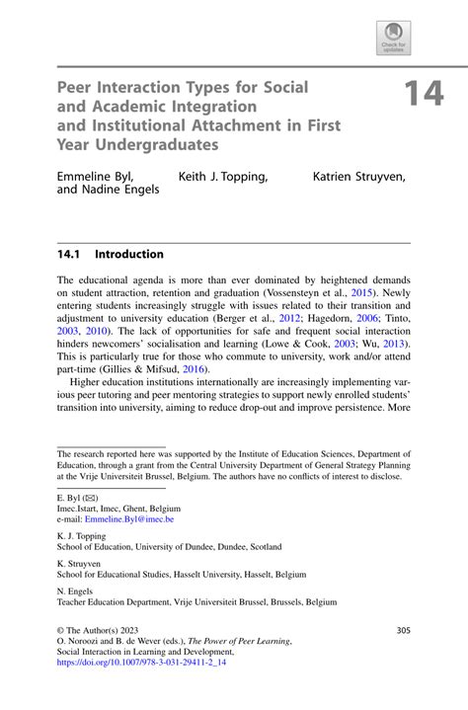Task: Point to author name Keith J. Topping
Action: (222, 177)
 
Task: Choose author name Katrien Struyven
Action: (359, 177)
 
